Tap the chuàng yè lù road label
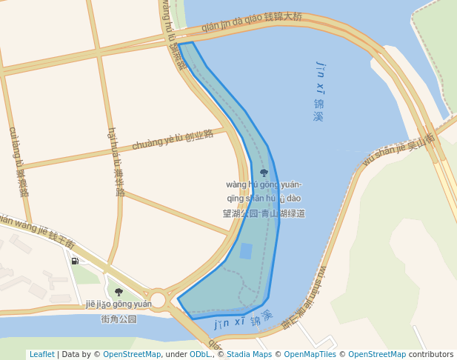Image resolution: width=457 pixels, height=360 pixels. pos(172,139)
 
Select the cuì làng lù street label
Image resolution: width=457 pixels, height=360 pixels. pos(19,161)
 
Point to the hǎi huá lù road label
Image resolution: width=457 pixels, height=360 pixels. pos(116,161)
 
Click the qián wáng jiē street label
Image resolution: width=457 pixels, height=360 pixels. pos(37,229)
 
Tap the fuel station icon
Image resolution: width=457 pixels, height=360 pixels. pos(75,261)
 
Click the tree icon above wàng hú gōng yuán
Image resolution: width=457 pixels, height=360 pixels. pos(264,173)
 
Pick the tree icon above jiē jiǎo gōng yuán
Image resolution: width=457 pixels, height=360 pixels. pos(119,292)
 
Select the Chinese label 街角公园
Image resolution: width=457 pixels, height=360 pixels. pos(119,319)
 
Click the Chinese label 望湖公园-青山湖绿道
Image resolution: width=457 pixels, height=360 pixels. pos(264,213)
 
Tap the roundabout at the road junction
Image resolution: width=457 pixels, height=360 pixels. pos(158,299)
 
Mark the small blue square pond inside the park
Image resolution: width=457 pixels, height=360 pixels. pos(246,251)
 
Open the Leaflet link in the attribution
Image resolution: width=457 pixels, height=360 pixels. pos(42,354)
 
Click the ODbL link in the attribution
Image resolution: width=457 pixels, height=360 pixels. pos(199,354)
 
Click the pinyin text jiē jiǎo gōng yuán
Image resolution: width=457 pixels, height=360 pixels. pos(119,304)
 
